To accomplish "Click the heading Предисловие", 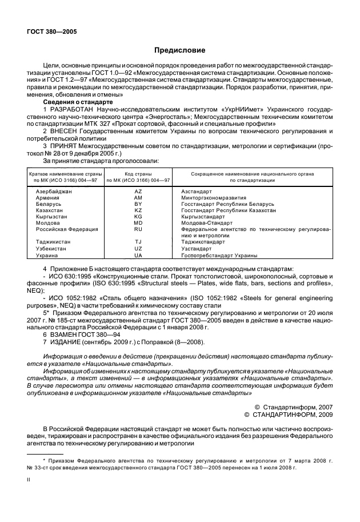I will point(179,50).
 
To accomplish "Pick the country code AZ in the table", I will point(138,191).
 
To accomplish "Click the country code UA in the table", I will point(138,256).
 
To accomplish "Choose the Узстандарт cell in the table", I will point(196,249).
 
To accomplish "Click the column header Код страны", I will point(138,172).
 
